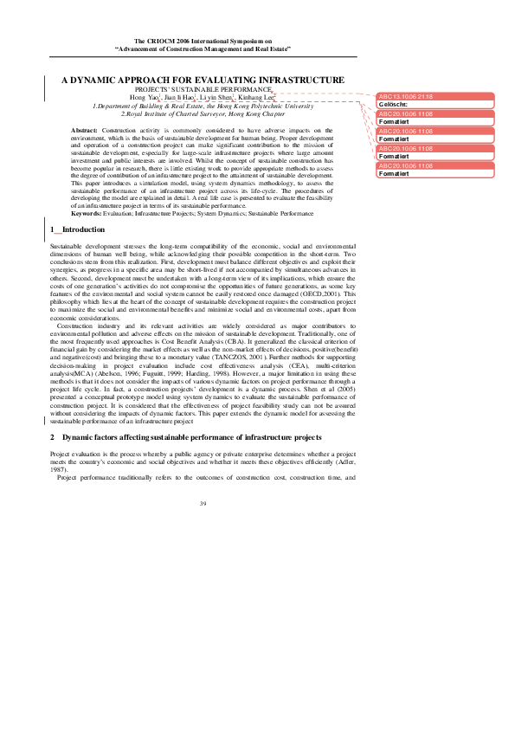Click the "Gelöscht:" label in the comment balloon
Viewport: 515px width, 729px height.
tap(393, 105)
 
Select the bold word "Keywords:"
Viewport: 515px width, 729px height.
tap(87, 212)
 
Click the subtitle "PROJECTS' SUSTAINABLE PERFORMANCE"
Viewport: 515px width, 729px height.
tap(203, 89)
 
